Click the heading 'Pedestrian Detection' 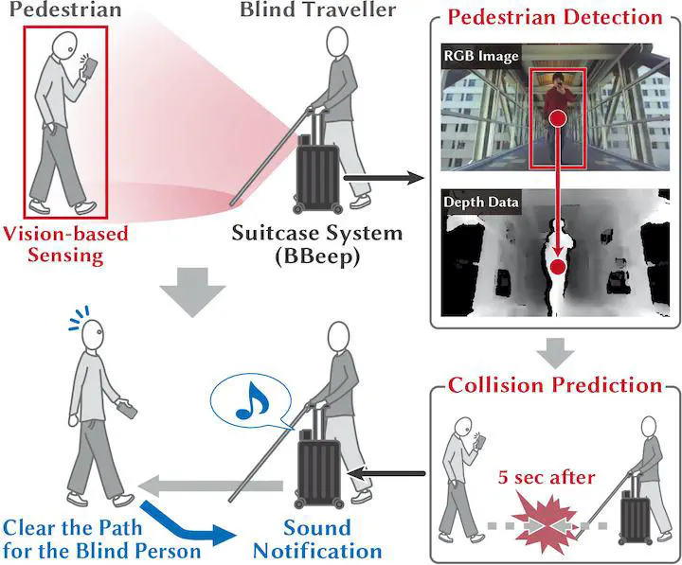(x=554, y=17)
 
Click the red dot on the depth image (x=558, y=269)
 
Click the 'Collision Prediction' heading (x=554, y=385)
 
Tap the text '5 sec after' (x=547, y=477)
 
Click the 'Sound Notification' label (x=317, y=539)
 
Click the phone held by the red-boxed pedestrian (x=88, y=65)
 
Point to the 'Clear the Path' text (x=69, y=528)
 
